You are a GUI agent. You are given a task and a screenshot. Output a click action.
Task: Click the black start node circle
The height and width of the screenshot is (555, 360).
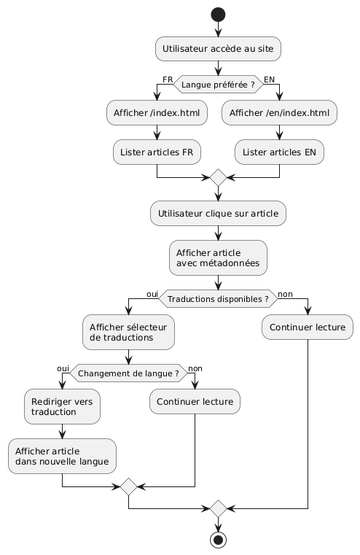tap(218, 15)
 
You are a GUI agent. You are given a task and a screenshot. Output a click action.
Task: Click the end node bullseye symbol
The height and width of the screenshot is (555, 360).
tap(218, 540)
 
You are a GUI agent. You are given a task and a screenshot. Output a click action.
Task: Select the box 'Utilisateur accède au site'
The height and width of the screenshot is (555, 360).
tap(218, 49)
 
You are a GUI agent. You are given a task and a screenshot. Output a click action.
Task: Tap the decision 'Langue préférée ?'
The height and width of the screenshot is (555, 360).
tap(218, 85)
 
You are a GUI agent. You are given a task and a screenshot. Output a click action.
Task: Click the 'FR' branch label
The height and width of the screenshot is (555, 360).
tap(167, 79)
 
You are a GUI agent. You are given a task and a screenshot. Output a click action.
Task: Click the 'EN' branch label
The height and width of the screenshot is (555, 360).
tap(270, 79)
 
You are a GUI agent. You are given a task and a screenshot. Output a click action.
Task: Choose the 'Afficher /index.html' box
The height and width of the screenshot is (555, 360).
tap(157, 113)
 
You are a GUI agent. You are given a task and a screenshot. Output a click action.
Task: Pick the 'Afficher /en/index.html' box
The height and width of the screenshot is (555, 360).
tap(280, 113)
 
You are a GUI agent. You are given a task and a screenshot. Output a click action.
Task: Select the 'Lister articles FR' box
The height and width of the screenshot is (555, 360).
tap(157, 151)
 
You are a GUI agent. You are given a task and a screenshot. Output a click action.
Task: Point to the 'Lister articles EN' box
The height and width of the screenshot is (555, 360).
tap(280, 151)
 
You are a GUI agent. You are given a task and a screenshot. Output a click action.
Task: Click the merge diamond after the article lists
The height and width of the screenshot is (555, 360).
tap(218, 177)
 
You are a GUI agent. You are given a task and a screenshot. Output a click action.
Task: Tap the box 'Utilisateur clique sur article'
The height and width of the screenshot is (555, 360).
tap(218, 214)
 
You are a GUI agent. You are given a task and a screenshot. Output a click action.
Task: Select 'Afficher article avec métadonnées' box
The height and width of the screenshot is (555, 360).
tap(218, 257)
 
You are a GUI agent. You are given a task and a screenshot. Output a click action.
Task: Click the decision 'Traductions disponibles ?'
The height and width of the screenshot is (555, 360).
tap(218, 299)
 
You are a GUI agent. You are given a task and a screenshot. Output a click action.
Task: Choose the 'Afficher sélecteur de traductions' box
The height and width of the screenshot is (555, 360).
tap(128, 333)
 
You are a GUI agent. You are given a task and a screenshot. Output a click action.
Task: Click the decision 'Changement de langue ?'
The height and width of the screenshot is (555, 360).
tap(128, 374)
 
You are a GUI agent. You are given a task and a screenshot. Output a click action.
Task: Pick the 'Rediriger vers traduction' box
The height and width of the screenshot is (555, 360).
tap(62, 408)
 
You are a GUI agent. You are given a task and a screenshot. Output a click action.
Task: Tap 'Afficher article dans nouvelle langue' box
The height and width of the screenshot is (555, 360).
tap(62, 457)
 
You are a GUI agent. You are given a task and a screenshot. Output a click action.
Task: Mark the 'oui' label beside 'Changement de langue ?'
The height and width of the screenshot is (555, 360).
tap(63, 368)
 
